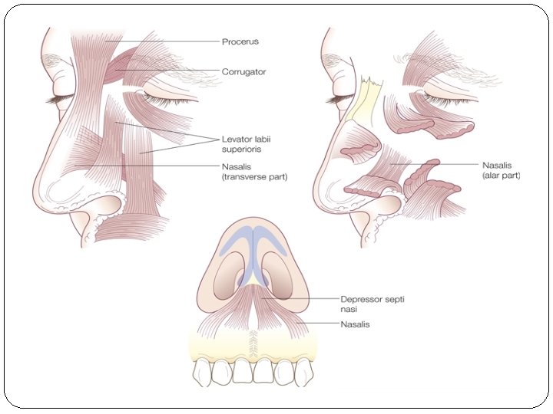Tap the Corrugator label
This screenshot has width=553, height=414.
pos(243,71)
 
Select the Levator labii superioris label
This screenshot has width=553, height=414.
pos(247,144)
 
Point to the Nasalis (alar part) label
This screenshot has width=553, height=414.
pos(501,169)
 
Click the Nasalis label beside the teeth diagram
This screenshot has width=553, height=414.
pos(356,325)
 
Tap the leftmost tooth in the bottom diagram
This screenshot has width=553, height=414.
pos(202,373)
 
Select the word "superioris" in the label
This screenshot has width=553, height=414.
pos(243,149)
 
